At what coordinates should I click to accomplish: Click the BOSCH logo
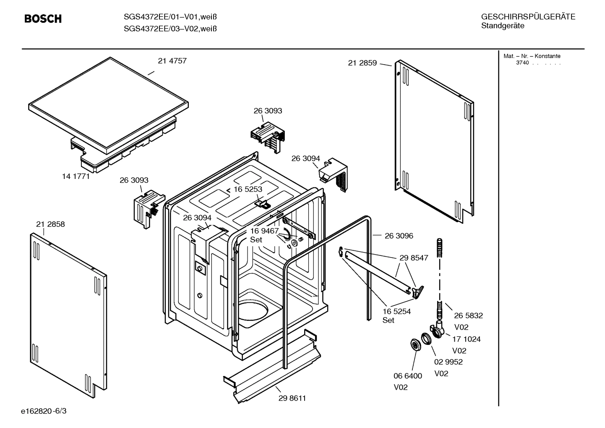tap(43, 19)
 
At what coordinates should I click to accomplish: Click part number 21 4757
tap(172, 61)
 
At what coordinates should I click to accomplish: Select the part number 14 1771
tap(76, 176)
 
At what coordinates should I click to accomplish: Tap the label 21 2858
tap(50, 224)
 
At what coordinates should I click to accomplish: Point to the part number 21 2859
tap(362, 63)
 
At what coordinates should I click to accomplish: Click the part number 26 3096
tap(399, 236)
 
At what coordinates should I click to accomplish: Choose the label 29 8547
tap(414, 258)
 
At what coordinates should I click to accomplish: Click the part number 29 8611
tap(292, 398)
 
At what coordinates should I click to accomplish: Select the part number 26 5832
tap(468, 315)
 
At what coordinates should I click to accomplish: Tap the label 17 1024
tap(466, 339)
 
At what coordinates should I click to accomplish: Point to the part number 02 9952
tap(448, 362)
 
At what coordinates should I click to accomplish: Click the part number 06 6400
tap(407, 376)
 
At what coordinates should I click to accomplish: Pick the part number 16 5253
tap(248, 189)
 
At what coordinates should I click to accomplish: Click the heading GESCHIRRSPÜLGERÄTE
tap(528, 17)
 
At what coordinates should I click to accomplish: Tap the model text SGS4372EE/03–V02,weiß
tap(170, 29)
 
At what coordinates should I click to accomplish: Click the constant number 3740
tap(522, 63)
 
